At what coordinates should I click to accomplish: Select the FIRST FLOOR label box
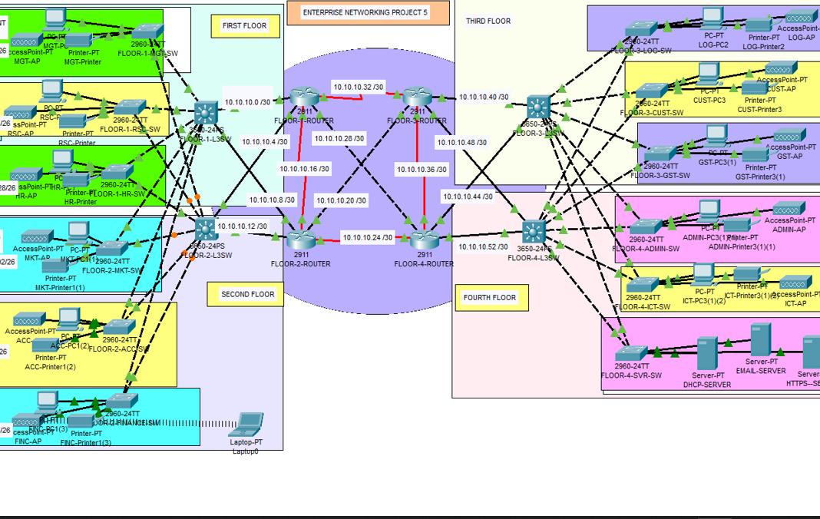coord(244,26)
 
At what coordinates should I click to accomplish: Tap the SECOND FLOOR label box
coord(247,294)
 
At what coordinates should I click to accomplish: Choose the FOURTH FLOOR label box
coord(490,298)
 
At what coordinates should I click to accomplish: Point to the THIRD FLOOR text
coord(488,21)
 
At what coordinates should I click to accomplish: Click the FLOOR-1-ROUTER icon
coord(304,98)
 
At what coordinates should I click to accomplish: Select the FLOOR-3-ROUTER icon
coord(417,98)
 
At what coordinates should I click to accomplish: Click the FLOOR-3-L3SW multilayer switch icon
coord(538,107)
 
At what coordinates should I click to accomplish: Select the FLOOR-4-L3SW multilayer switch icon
coord(533,231)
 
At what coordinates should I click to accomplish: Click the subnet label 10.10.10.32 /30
coord(359,88)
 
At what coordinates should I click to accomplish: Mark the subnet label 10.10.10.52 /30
coord(483,246)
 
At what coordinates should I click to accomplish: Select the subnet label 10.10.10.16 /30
coord(304,169)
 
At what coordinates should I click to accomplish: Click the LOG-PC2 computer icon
coord(713,18)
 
